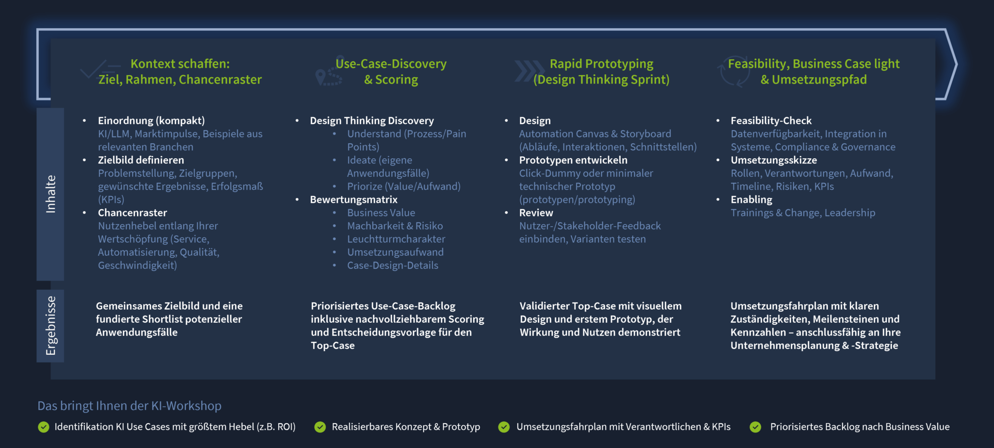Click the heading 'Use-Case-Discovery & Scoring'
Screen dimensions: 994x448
(391, 71)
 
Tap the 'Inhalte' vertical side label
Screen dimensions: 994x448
(50, 194)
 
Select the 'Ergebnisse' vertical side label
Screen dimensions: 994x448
(50, 326)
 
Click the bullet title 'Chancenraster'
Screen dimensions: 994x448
(133, 213)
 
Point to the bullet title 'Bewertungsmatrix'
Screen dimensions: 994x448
(354, 199)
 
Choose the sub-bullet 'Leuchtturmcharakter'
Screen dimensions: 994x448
(396, 239)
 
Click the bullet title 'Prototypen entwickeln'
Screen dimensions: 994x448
(573, 160)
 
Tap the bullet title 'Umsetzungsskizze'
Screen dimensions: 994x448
(774, 160)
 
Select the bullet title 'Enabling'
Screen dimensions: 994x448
(751, 199)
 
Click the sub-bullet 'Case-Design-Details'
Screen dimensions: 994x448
(393, 265)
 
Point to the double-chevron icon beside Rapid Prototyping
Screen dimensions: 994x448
(529, 71)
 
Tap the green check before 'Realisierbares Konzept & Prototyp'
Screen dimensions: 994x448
(320, 427)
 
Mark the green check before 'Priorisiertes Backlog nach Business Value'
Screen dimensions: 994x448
(755, 427)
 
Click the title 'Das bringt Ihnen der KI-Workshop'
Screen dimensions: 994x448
(130, 406)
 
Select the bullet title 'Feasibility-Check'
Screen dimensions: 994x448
(771, 120)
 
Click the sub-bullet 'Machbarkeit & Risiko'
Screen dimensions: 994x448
(395, 226)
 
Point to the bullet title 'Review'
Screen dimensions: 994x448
(536, 213)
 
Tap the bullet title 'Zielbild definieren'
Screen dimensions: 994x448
(141, 160)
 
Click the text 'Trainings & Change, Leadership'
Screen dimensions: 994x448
(803, 213)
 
